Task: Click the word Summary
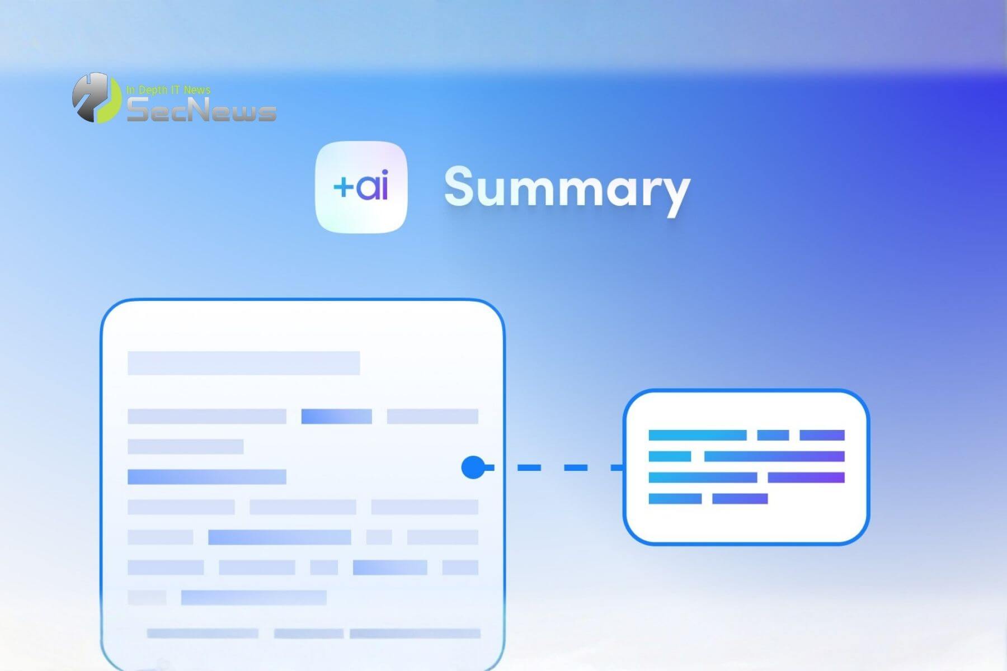(x=567, y=188)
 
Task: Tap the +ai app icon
(x=361, y=187)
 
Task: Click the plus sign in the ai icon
(x=343, y=187)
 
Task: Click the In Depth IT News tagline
(x=168, y=89)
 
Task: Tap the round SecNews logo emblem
(x=96, y=98)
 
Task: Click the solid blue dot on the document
(x=473, y=467)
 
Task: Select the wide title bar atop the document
(x=243, y=363)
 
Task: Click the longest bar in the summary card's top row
(x=697, y=435)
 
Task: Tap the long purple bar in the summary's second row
(x=774, y=456)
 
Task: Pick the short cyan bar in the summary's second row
(x=670, y=456)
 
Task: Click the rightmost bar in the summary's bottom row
(x=740, y=498)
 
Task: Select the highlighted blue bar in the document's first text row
(x=336, y=417)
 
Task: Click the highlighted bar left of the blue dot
(x=207, y=477)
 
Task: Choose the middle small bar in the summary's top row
(x=773, y=435)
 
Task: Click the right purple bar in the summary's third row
(x=806, y=478)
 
